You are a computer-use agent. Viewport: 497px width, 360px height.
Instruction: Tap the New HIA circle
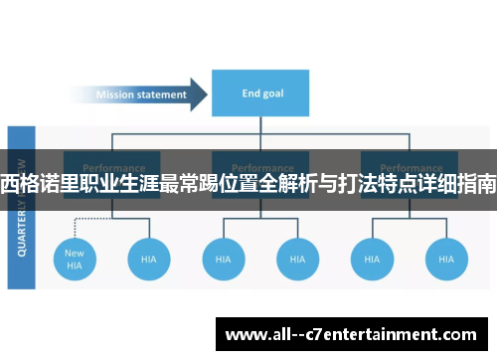click(75, 259)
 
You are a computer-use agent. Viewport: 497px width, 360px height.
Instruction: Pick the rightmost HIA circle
click(446, 259)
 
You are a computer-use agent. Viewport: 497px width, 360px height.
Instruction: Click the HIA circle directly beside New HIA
click(148, 259)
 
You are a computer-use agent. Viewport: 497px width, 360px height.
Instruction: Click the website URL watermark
click(354, 333)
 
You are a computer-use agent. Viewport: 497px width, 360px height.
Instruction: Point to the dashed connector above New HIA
click(75, 224)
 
